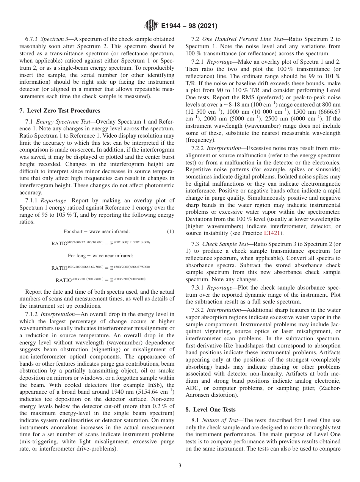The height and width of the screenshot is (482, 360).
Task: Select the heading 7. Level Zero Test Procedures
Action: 59,111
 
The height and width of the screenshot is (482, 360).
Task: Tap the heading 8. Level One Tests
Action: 214,409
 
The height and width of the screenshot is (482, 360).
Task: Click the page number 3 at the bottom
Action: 180,466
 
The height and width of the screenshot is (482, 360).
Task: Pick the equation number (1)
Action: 171,232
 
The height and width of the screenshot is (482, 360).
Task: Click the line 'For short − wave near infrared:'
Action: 96,232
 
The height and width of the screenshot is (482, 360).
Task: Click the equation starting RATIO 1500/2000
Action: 100,268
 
